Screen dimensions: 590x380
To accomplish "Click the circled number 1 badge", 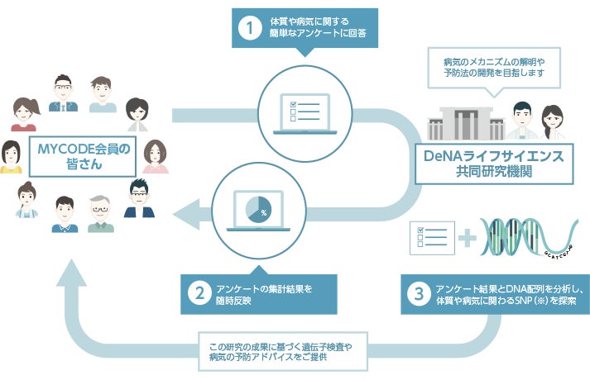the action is click(250, 27).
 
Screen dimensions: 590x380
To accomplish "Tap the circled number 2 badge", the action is click(199, 293).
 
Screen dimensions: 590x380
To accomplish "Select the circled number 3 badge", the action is click(419, 294).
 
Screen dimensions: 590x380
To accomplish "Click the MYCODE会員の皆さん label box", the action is click(83, 157).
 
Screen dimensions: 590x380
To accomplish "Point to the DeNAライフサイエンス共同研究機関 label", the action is click(494, 164).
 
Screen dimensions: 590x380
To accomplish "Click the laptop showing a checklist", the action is click(305, 114).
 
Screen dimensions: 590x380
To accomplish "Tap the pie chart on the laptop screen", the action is click(258, 208).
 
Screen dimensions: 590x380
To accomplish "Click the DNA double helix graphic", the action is click(529, 237).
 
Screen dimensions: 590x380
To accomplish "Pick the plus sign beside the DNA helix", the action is click(468, 238).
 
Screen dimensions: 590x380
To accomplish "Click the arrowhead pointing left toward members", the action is click(187, 214).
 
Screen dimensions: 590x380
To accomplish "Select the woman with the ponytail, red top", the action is click(25, 114).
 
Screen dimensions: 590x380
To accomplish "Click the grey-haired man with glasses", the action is click(100, 214).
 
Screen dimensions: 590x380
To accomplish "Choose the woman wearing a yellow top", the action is click(11, 157).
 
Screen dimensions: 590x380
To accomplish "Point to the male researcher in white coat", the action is click(522, 120).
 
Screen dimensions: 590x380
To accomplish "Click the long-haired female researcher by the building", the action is click(553, 122).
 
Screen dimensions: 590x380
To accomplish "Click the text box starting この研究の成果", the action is click(283, 351).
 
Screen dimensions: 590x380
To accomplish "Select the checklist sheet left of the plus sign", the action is click(432, 238).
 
